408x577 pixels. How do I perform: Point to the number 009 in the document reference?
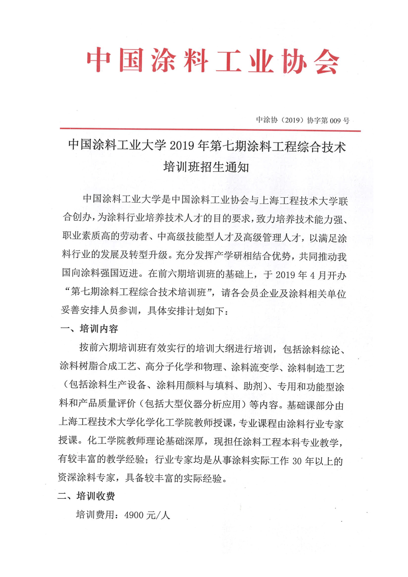(335, 121)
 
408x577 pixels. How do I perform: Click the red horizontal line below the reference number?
(210, 130)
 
